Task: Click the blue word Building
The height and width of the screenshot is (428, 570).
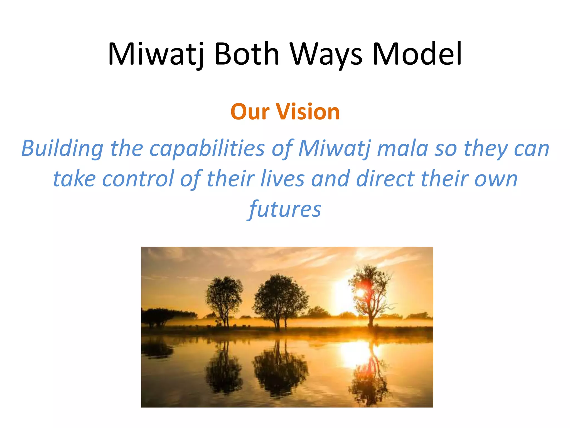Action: [62, 149]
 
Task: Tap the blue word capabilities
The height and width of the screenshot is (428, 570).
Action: [207, 149]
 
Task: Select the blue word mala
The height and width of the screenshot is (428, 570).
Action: [402, 149]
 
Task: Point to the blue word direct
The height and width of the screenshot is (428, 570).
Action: [385, 179]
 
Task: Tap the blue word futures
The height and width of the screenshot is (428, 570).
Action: [285, 210]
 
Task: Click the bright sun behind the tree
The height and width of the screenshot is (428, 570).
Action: [360, 293]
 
